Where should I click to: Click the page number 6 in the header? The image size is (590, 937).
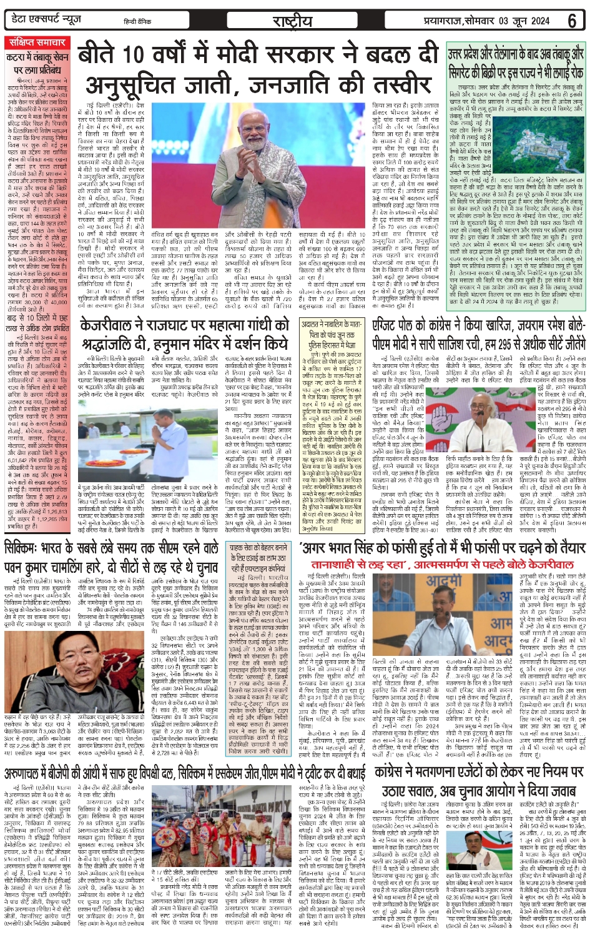coord(572,21)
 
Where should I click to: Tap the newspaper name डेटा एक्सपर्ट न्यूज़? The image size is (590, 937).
coord(47,20)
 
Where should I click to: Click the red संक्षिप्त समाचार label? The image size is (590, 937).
coord(37,42)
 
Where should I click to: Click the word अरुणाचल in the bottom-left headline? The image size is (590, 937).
coord(26,774)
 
